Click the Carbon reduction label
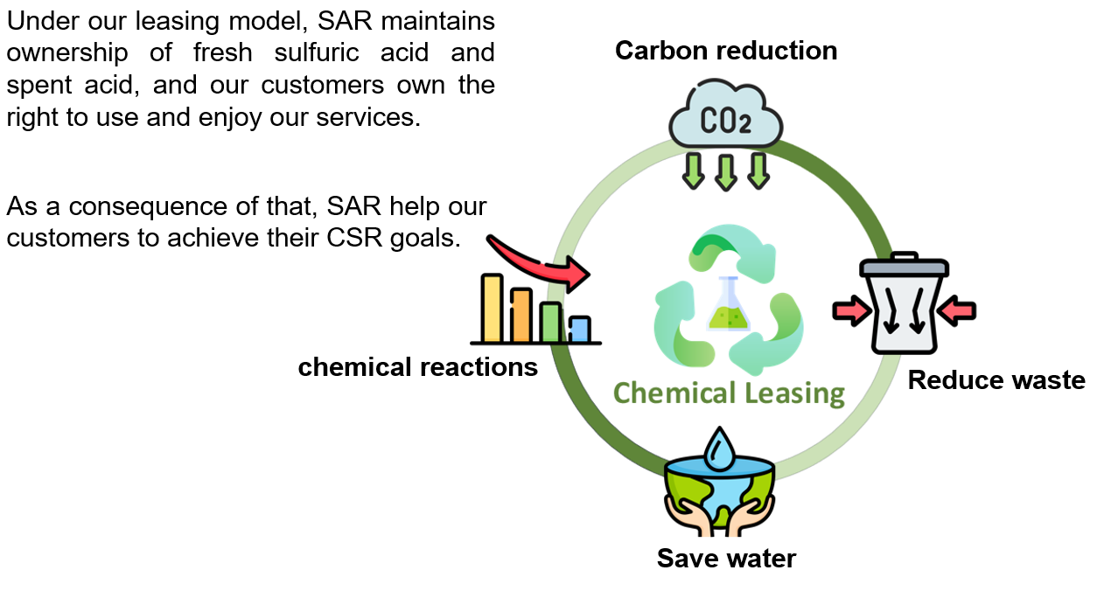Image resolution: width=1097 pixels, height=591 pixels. coord(726,51)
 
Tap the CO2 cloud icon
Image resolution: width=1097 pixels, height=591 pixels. coord(726,114)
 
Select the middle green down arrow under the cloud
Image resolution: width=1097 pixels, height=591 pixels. coord(726,172)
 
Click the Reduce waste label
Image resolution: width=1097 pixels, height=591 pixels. coord(996,380)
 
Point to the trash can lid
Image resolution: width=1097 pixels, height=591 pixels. coord(904,265)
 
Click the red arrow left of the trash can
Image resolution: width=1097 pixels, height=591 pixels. coord(852,310)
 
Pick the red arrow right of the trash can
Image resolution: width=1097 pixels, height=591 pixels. coord(956,310)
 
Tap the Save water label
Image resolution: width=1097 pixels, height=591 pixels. coord(726,559)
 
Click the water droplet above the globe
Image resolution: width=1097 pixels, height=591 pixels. coord(719,448)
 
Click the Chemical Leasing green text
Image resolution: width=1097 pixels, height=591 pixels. coord(730,393)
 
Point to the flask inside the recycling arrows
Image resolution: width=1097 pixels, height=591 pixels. coord(728,304)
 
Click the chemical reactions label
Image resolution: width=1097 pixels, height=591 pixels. coord(418,367)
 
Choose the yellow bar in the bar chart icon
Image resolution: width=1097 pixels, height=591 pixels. coord(492,308)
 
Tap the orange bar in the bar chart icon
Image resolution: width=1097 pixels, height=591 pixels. coord(521,315)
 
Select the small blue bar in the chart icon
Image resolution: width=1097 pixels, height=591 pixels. coord(580,329)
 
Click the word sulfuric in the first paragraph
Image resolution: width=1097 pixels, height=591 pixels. coord(317,52)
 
